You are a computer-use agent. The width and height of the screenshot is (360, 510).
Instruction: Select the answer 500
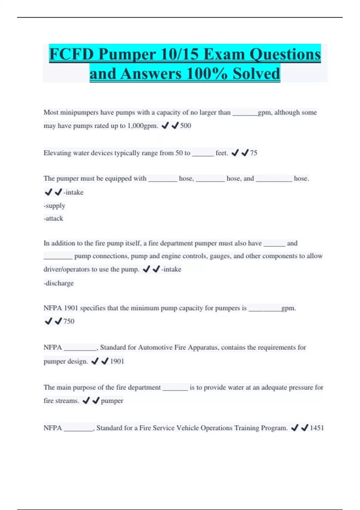point(186,126)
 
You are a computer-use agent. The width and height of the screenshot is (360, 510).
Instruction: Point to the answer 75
point(253,153)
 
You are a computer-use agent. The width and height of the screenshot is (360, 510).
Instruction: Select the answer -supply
point(54,206)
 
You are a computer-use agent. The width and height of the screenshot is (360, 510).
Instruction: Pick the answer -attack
point(53,218)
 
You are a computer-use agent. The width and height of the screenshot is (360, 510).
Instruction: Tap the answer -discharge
point(58,283)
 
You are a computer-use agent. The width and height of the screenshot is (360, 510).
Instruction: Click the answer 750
point(69,321)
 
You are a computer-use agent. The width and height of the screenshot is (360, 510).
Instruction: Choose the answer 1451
point(317,428)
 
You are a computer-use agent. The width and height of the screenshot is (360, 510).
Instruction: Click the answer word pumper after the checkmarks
point(112,401)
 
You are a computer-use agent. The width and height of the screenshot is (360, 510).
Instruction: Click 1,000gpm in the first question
point(142,126)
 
